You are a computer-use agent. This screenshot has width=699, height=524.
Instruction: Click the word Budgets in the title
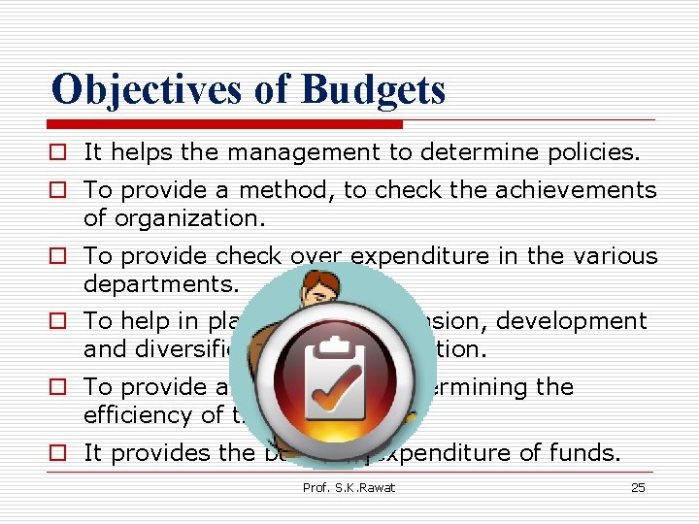point(373,88)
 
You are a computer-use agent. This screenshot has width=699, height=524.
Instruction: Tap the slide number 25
point(638,487)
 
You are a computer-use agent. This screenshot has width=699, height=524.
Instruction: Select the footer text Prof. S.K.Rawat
point(349,487)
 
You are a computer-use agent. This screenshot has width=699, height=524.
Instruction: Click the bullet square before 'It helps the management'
point(61,152)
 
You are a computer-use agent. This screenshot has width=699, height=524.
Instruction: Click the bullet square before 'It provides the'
point(61,453)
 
